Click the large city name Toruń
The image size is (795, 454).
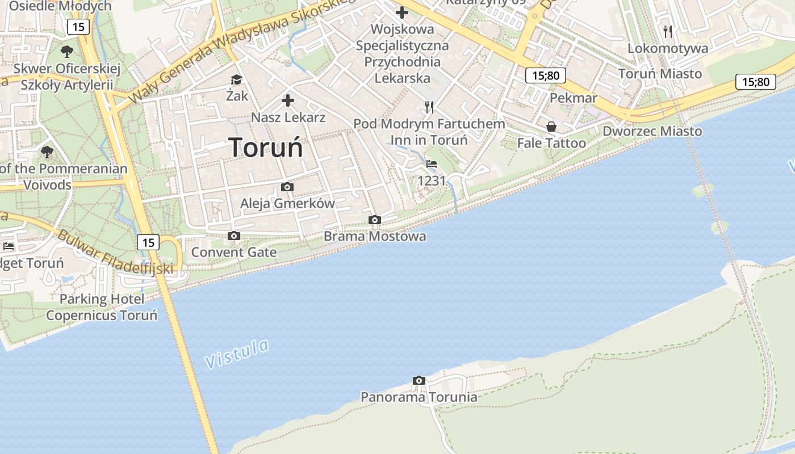(x=266, y=148)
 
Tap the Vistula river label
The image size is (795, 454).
(x=236, y=353)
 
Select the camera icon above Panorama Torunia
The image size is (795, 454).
(x=419, y=381)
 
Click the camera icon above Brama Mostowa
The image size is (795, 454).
(x=374, y=220)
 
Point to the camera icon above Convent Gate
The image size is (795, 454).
(x=233, y=236)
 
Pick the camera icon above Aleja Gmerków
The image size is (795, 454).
(x=287, y=187)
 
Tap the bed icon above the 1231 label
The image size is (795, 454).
(x=432, y=164)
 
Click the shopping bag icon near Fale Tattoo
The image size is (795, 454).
(x=551, y=126)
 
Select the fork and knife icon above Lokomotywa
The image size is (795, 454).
(x=668, y=31)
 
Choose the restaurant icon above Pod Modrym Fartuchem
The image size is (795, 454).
(x=429, y=107)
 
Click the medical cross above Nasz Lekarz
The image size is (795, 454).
(x=288, y=101)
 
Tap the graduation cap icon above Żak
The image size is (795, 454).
(x=236, y=79)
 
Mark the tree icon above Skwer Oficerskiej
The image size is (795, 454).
(x=67, y=52)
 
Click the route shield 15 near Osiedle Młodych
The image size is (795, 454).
(x=78, y=26)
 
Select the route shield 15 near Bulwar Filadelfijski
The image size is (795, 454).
(x=148, y=242)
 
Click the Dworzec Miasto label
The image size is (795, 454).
(x=652, y=131)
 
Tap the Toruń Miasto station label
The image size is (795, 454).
(x=660, y=74)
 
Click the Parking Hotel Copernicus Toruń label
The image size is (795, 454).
(x=102, y=307)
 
